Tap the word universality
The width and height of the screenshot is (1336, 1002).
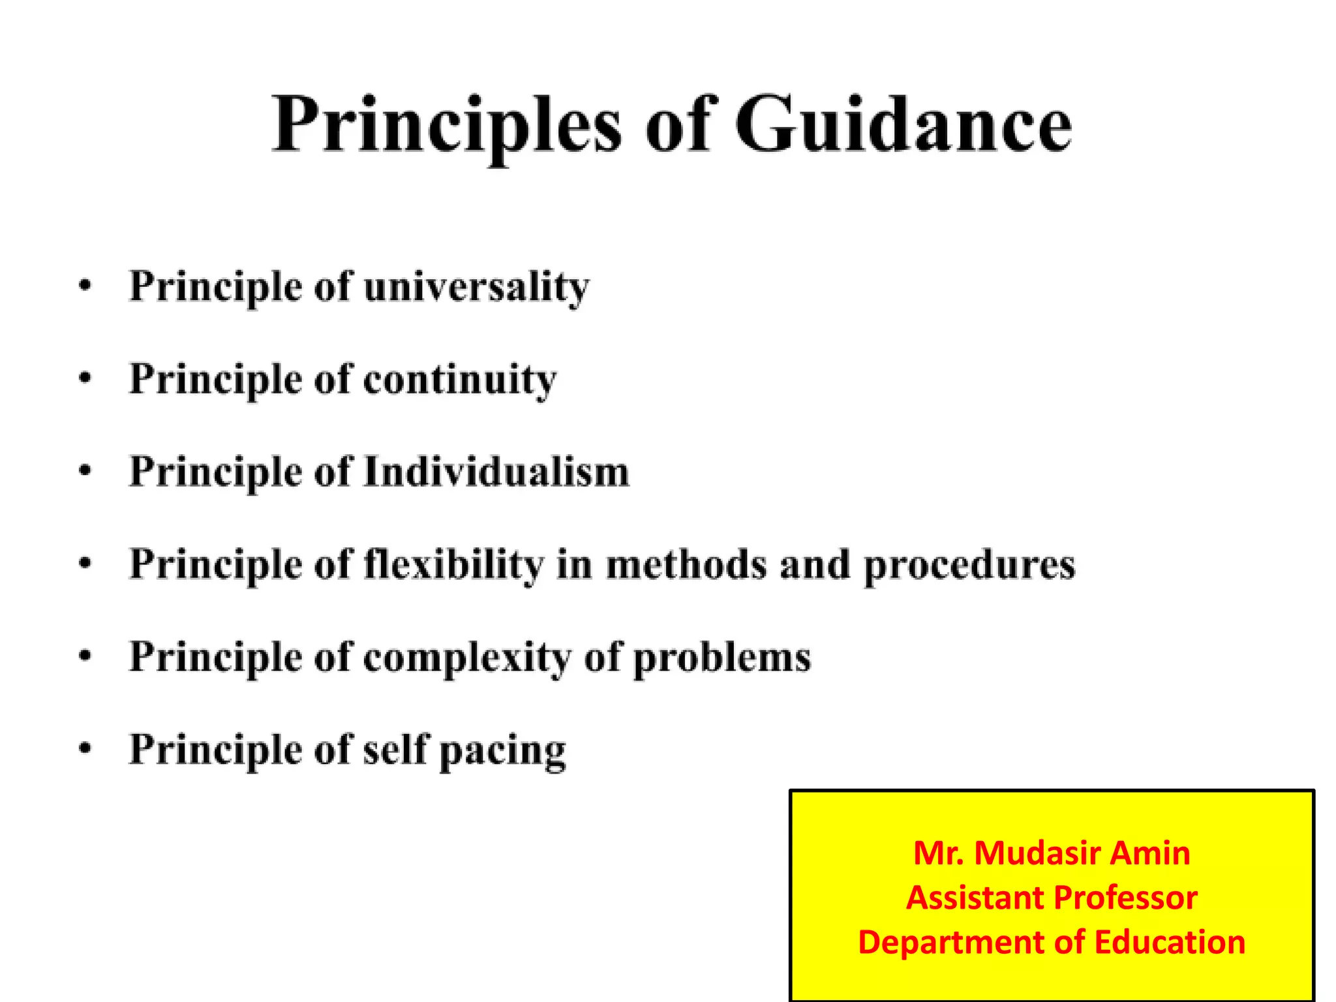[476, 287]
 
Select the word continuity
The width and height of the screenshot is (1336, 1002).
[460, 380]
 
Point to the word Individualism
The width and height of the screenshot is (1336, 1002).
[496, 472]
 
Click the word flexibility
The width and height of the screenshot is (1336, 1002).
[453, 564]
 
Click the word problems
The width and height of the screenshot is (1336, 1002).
[722, 658]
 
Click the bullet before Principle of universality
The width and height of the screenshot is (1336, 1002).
[85, 286]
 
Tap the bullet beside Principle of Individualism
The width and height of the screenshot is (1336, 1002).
[85, 470]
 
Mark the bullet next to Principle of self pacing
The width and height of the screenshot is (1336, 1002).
[85, 748]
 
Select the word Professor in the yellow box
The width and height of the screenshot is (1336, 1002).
[1125, 898]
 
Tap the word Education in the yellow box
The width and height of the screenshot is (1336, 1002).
[1170, 942]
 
